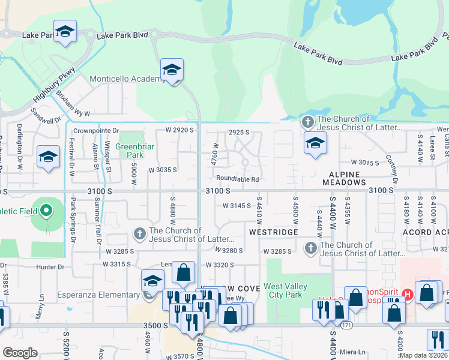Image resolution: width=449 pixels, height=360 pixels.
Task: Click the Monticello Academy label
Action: pos(123,79)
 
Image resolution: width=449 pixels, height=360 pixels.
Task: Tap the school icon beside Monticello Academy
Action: pos(172,70)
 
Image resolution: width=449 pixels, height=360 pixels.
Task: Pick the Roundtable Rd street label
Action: pos(238,179)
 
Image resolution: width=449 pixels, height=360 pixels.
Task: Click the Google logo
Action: pos(20,353)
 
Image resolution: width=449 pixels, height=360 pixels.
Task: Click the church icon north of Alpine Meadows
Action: pos(307,122)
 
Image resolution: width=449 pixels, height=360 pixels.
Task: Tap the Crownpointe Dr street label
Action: pos(97,130)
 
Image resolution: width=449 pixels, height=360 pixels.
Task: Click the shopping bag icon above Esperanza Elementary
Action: pos(183,272)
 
